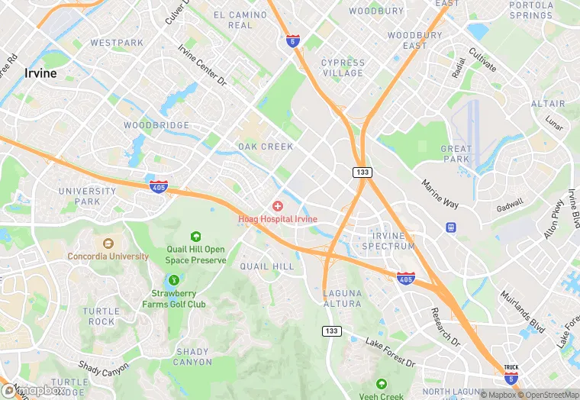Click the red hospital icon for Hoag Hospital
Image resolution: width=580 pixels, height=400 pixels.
(277, 207)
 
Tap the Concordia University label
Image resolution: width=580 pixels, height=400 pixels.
(108, 256)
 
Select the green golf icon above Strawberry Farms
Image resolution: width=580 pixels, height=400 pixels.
(175, 280)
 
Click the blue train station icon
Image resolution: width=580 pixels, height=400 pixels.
(450, 227)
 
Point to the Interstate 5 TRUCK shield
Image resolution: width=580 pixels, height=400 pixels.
(511, 375)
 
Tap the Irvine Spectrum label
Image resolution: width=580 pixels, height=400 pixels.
(388, 241)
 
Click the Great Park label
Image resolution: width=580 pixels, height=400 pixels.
(456, 154)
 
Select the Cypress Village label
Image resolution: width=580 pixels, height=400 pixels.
(343, 68)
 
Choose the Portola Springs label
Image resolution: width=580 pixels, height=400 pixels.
(531, 10)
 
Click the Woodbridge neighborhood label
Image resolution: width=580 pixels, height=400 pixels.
(156, 124)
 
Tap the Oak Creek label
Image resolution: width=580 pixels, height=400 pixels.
(266, 147)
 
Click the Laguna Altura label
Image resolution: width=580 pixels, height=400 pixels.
(342, 298)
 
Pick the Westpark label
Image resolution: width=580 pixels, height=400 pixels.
(117, 43)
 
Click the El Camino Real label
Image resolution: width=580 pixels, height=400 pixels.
(240, 20)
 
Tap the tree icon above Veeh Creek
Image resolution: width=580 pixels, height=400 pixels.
(381, 384)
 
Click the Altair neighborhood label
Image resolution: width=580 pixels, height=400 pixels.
(548, 104)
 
